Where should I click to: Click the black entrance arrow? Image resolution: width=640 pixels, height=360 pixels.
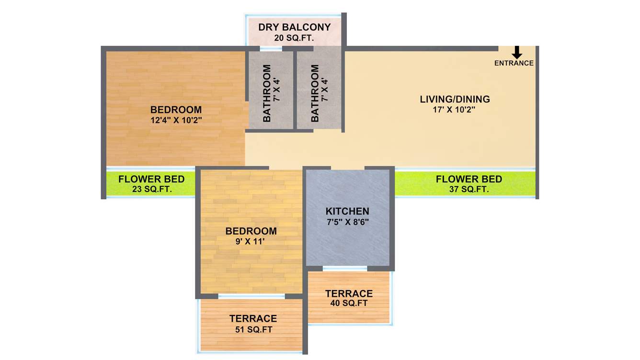(516, 52)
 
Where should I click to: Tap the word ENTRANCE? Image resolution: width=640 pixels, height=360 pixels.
(514, 63)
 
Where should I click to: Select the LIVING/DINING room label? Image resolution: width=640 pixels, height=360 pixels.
(455, 100)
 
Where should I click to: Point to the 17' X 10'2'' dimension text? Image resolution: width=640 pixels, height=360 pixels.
(455, 109)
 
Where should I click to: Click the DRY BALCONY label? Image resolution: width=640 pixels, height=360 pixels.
(294, 27)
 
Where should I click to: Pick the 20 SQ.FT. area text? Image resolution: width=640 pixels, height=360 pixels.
(294, 37)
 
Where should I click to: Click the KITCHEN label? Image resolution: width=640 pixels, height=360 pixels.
(347, 211)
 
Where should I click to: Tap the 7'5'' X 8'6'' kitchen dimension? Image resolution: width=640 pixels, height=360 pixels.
(347, 222)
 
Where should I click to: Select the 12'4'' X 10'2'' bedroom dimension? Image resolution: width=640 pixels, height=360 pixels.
(176, 120)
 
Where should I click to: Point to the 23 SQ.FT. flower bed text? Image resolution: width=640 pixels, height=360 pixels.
(152, 189)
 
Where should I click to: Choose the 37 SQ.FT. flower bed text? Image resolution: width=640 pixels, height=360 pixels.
(469, 189)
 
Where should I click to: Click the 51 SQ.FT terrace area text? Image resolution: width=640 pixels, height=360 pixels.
(253, 329)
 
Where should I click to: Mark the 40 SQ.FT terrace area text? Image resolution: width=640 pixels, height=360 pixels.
(349, 303)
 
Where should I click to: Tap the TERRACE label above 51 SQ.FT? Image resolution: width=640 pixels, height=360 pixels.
(253, 319)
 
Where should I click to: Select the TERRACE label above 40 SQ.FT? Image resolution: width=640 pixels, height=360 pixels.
(349, 293)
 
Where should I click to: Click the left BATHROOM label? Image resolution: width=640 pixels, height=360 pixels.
(267, 93)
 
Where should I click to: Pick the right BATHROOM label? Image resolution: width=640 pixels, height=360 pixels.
(315, 93)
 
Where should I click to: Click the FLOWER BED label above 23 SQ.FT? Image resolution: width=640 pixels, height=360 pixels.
(151, 180)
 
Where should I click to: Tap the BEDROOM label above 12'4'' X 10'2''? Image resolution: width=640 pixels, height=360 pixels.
(176, 110)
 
